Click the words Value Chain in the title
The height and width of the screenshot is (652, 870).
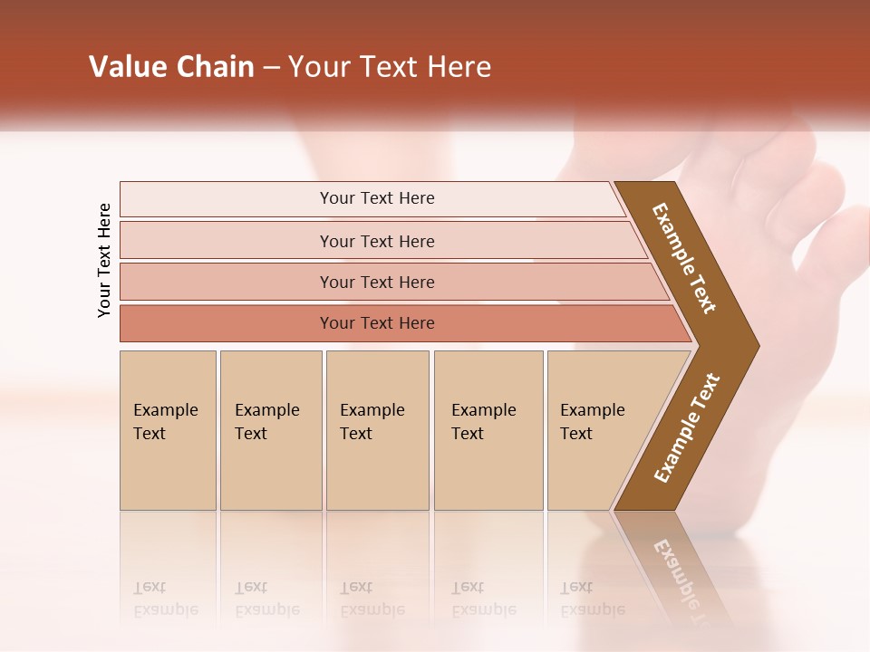(171, 66)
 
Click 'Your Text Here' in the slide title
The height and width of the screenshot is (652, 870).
(390, 66)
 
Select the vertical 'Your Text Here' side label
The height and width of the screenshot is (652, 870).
(104, 260)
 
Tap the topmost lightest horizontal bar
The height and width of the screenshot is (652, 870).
(227, 198)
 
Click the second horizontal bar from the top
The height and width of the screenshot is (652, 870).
(227, 241)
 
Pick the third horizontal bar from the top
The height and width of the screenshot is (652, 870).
(227, 282)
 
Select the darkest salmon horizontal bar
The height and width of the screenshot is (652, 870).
(227, 323)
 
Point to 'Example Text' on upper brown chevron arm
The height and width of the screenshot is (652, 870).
(684, 258)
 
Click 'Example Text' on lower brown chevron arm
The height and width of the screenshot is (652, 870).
(687, 427)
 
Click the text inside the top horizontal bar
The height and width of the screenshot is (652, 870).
(377, 198)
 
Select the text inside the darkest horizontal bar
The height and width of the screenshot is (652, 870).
(377, 323)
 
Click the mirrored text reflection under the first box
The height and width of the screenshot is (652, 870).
(165, 599)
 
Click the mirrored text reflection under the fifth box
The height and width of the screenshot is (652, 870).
(592, 599)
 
